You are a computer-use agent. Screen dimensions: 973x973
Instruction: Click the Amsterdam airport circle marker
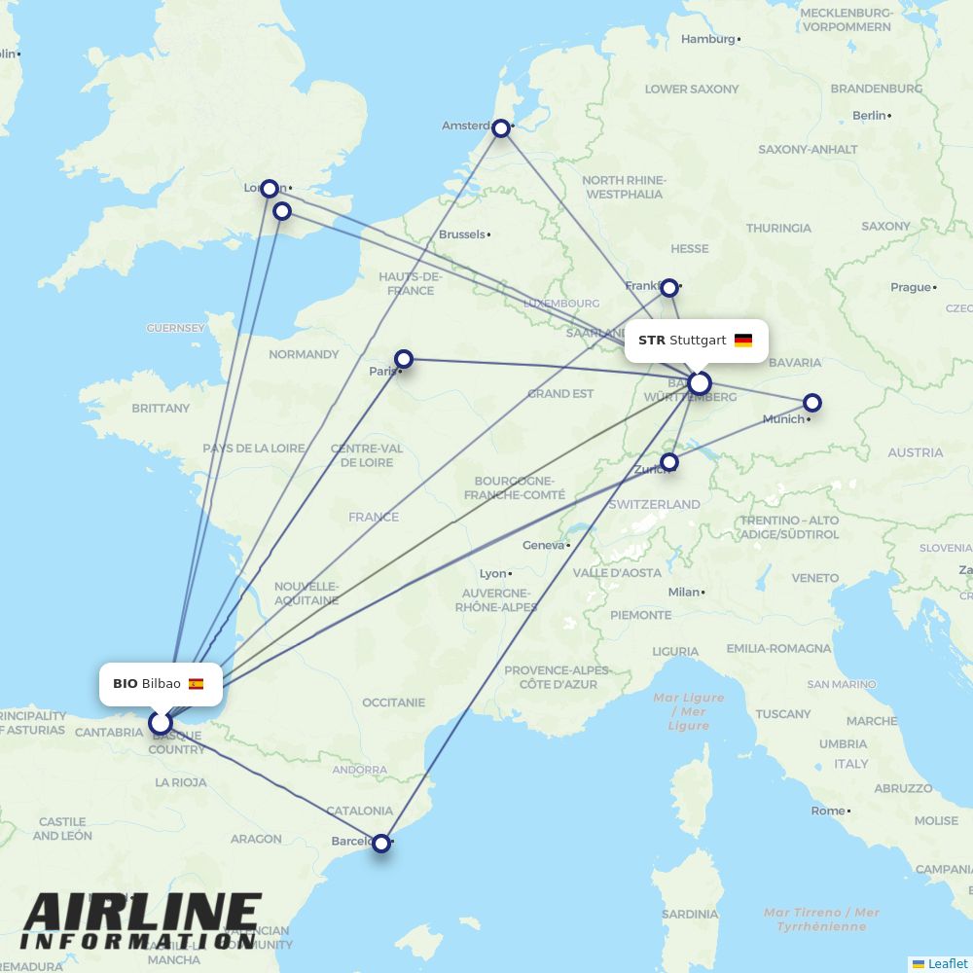(501, 128)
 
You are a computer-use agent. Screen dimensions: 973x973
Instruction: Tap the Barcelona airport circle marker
(381, 843)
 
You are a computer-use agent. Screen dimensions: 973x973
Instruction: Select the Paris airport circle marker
(404, 360)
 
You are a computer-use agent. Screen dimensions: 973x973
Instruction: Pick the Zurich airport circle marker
(669, 462)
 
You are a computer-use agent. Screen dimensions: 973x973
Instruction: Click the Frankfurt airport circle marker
(669, 288)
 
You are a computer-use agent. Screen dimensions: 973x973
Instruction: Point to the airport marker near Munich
(812, 403)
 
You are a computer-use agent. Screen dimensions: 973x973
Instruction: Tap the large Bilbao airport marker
(161, 723)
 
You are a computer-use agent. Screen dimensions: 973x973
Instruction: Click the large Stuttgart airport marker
(700, 383)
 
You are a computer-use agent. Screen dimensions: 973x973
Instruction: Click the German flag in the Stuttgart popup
(743, 341)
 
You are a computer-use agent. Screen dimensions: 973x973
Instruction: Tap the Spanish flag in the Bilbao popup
(197, 684)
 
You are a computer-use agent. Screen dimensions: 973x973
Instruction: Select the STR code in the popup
(652, 341)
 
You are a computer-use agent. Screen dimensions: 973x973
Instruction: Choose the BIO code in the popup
(126, 684)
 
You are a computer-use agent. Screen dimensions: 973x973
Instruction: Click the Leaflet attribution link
(948, 963)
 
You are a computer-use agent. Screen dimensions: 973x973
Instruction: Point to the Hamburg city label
(708, 39)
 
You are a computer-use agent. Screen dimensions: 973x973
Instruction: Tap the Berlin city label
(870, 115)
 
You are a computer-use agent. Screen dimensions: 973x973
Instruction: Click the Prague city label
(911, 287)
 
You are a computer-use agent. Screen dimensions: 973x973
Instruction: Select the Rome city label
(828, 811)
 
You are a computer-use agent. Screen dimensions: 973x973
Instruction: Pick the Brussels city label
(461, 234)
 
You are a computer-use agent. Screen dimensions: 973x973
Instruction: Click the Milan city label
(683, 592)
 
